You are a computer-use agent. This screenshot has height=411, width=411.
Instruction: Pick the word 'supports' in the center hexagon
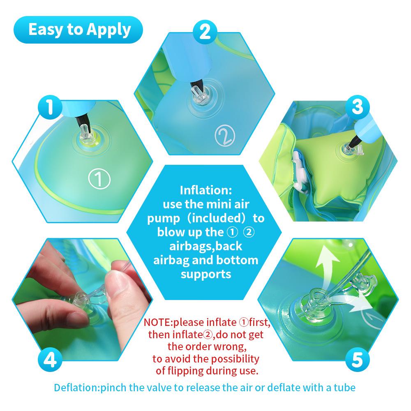(206, 274)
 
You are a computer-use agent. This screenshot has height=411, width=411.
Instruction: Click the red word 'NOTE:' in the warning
(161, 322)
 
